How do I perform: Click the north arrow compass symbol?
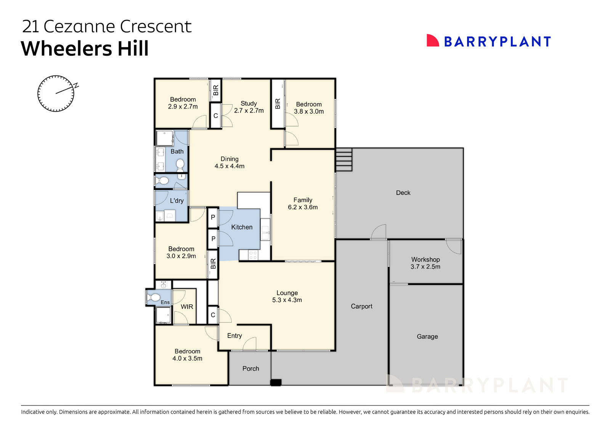click(56, 93)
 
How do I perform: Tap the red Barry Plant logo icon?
click(432, 41)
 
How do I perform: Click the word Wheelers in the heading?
click(67, 49)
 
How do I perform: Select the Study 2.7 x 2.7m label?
click(249, 107)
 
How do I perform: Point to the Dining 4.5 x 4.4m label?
click(230, 162)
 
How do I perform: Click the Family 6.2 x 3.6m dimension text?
click(303, 207)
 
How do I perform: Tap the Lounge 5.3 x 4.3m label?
click(287, 296)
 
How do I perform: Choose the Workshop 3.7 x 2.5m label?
click(425, 263)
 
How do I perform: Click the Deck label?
click(403, 193)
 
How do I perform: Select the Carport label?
click(361, 306)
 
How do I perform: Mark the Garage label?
click(427, 336)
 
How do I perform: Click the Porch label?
click(250, 368)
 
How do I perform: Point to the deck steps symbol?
click(344, 160)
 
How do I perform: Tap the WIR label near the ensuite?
click(187, 307)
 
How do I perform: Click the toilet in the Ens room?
click(153, 298)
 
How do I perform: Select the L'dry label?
click(177, 201)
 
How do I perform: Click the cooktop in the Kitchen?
click(253, 255)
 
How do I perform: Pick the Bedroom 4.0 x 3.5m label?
click(187, 355)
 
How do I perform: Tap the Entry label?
click(234, 336)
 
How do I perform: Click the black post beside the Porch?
click(276, 383)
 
